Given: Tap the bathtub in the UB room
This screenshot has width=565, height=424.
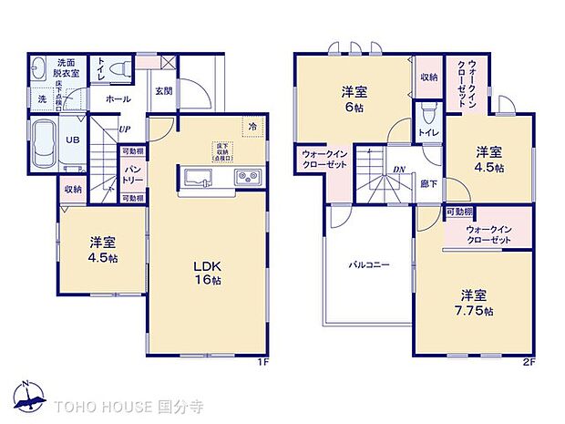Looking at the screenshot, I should pos(42,145).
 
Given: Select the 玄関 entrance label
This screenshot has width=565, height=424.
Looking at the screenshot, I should pos(163,91).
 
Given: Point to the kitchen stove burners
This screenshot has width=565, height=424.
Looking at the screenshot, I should pos(248,176).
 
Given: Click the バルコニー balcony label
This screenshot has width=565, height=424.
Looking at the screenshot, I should pos(369,265).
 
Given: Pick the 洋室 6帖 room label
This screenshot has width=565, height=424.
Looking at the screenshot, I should pos(354,98).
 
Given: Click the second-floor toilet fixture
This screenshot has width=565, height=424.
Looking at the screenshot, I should pos(428,113).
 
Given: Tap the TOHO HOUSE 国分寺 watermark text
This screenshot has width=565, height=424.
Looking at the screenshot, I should pos(128,404).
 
